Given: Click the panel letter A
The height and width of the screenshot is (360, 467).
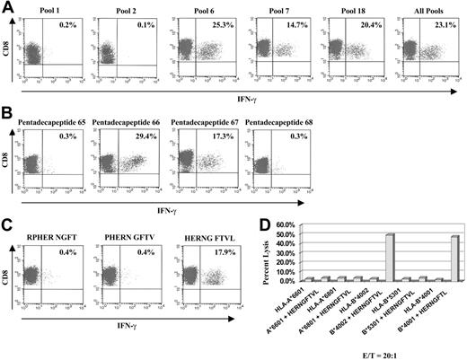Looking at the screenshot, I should pos(7,7).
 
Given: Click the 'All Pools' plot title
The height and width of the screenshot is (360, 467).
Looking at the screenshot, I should pos(426,8).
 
